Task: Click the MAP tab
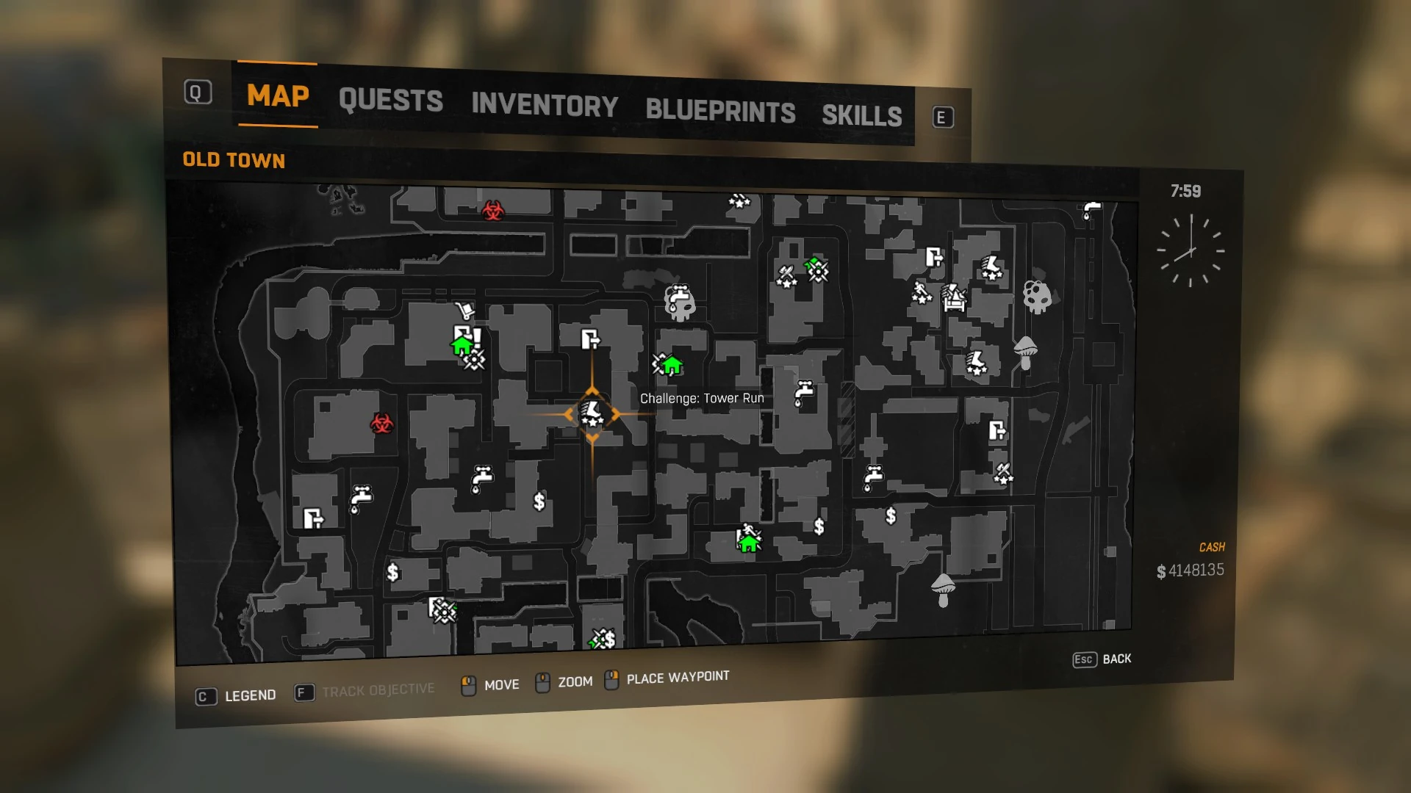(x=278, y=95)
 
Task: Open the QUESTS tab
(x=390, y=100)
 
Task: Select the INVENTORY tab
(x=545, y=105)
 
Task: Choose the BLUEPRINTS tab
(x=720, y=111)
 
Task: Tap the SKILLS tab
(x=861, y=115)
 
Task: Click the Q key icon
(x=198, y=93)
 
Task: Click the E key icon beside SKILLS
(x=943, y=117)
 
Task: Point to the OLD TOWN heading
(x=234, y=160)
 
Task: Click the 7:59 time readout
(x=1185, y=192)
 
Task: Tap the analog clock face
(x=1190, y=251)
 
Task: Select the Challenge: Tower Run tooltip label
(x=702, y=399)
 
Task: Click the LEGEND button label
(x=250, y=695)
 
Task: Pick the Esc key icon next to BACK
(x=1084, y=659)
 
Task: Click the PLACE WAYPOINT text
(x=678, y=677)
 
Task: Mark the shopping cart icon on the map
(x=464, y=311)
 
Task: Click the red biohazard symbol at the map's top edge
(x=493, y=211)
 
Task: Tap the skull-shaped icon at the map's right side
(x=1037, y=297)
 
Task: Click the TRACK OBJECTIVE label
(x=378, y=690)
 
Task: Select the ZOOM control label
(x=575, y=682)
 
